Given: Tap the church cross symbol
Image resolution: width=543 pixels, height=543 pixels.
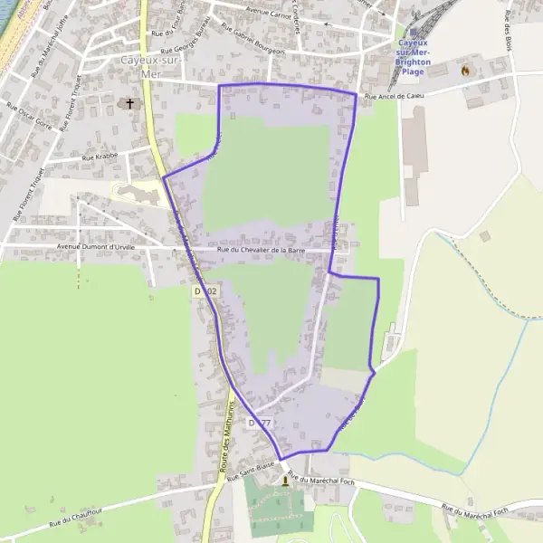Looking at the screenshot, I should (x=129, y=104).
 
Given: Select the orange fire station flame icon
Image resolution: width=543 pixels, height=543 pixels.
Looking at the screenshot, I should (x=466, y=70).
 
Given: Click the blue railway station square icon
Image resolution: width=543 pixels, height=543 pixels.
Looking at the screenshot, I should (x=413, y=33).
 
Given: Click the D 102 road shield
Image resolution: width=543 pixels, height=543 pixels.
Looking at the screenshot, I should (x=205, y=291).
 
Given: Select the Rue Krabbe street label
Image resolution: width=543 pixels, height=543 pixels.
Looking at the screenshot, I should (x=100, y=157).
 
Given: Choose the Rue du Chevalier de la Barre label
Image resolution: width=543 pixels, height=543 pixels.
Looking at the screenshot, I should (x=261, y=249).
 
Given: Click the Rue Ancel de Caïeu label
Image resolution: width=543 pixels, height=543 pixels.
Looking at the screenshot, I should (x=395, y=95).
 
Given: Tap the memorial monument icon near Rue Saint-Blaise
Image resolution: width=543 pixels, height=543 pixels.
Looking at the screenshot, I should (x=287, y=481).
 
